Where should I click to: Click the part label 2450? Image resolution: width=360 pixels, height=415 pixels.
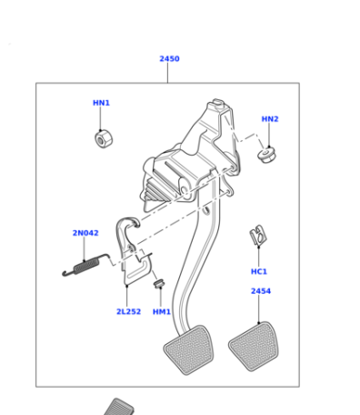point(169,58)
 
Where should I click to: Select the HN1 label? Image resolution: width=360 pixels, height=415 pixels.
point(101,103)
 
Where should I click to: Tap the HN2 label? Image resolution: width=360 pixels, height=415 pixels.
point(270,119)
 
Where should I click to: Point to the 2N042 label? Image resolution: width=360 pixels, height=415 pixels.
point(85,233)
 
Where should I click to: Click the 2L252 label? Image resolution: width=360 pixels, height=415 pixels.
point(128,311)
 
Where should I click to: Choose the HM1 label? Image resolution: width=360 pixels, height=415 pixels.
point(162,312)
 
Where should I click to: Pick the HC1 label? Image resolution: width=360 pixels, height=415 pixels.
point(259,271)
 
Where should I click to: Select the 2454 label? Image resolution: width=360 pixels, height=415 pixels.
point(261,291)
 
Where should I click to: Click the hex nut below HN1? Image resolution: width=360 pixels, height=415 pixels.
point(104,139)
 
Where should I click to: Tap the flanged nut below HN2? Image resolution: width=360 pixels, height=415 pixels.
point(267,155)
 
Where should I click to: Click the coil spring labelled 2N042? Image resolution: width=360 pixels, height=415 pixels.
point(86,266)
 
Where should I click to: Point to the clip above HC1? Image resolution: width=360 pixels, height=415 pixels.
point(258,236)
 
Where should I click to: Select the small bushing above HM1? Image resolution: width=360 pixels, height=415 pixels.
point(159,284)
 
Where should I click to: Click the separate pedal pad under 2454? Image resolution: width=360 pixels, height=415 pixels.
point(254,347)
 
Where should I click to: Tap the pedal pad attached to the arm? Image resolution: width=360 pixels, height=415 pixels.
point(188,350)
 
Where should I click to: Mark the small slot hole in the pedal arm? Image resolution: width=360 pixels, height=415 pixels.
point(206,210)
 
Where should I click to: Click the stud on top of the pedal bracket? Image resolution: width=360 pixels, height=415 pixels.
point(217,102)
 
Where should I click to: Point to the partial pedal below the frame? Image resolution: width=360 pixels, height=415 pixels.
point(119,407)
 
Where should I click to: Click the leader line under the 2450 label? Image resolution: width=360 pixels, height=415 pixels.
point(167,73)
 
